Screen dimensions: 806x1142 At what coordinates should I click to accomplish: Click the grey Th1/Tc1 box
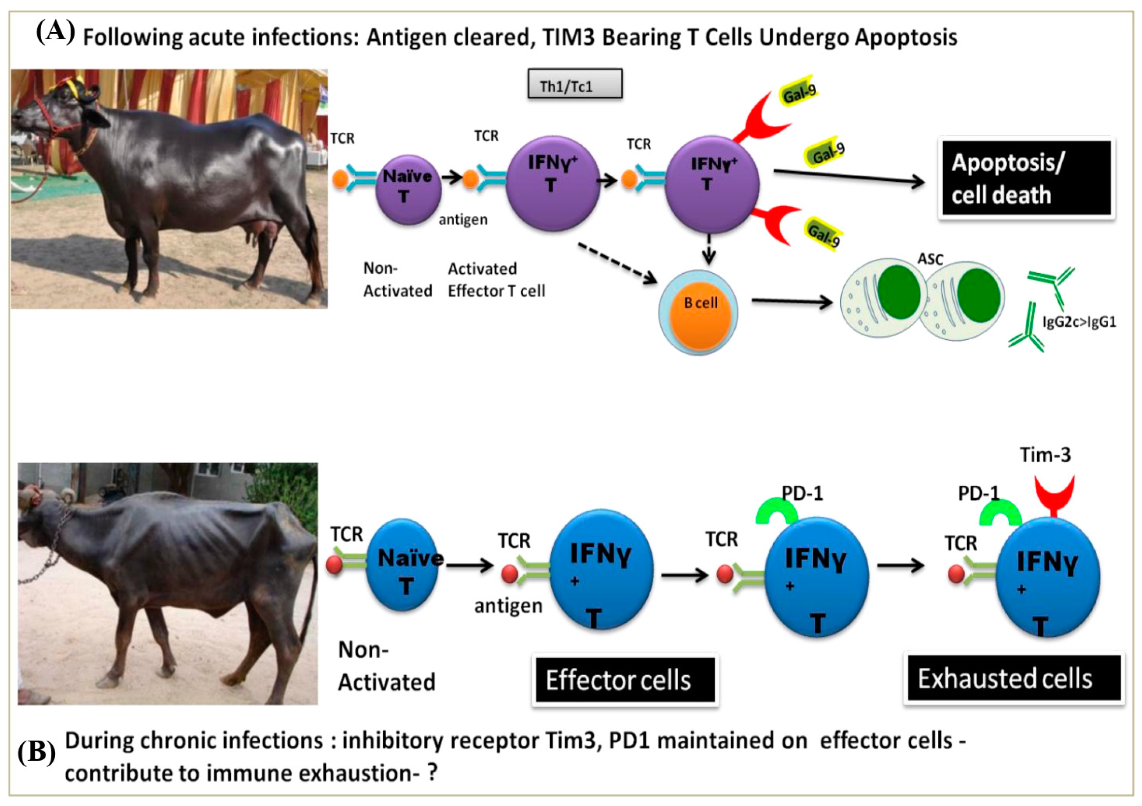tap(574, 84)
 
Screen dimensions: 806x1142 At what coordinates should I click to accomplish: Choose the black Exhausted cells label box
tap(1014, 679)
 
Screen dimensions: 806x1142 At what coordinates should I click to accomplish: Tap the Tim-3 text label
tap(1045, 455)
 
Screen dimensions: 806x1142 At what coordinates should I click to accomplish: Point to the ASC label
tap(930, 259)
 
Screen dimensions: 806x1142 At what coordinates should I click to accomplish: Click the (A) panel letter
tap(55, 32)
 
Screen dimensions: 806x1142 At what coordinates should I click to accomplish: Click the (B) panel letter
tap(36, 753)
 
